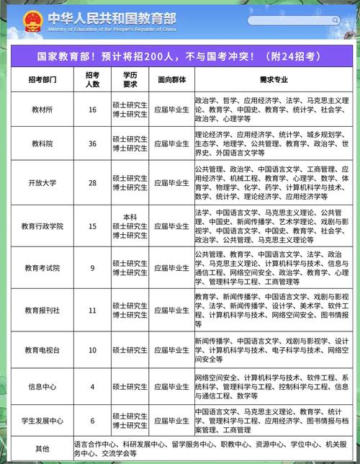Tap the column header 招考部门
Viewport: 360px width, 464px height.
coord(42,79)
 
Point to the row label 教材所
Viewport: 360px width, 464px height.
coord(42,110)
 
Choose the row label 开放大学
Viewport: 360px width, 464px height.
coord(42,183)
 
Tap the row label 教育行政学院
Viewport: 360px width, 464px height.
coord(42,226)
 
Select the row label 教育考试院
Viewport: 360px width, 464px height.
coord(42,268)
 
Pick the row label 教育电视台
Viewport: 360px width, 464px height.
coord(42,350)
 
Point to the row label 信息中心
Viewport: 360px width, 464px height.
coord(42,386)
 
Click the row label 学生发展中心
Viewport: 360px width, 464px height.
coord(42,421)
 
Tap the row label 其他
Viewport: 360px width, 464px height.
coord(42,449)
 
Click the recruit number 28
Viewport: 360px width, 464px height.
coord(92,183)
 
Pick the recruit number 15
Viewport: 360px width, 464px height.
coord(92,226)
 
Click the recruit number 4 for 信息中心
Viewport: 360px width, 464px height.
coord(92,386)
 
